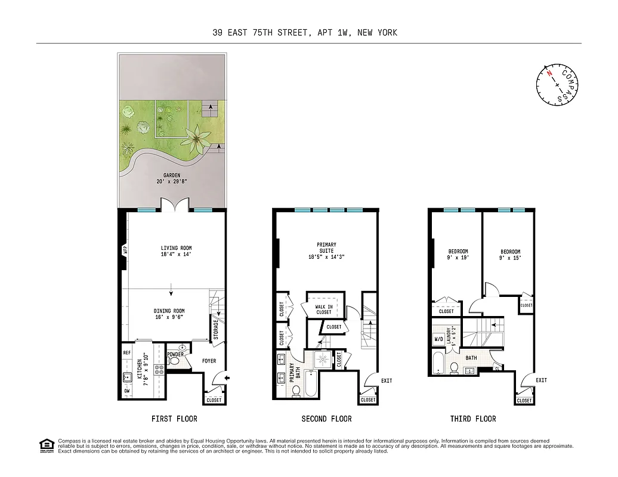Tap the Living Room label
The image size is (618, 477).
coord(176,248)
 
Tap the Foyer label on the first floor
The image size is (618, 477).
coord(208,361)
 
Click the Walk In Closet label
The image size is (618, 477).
coord(324,308)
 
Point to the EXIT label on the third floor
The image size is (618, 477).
coord(541,380)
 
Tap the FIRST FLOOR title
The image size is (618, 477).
coord(174,419)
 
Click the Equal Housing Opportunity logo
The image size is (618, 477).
coord(45,444)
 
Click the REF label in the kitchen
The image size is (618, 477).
coord(127,352)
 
